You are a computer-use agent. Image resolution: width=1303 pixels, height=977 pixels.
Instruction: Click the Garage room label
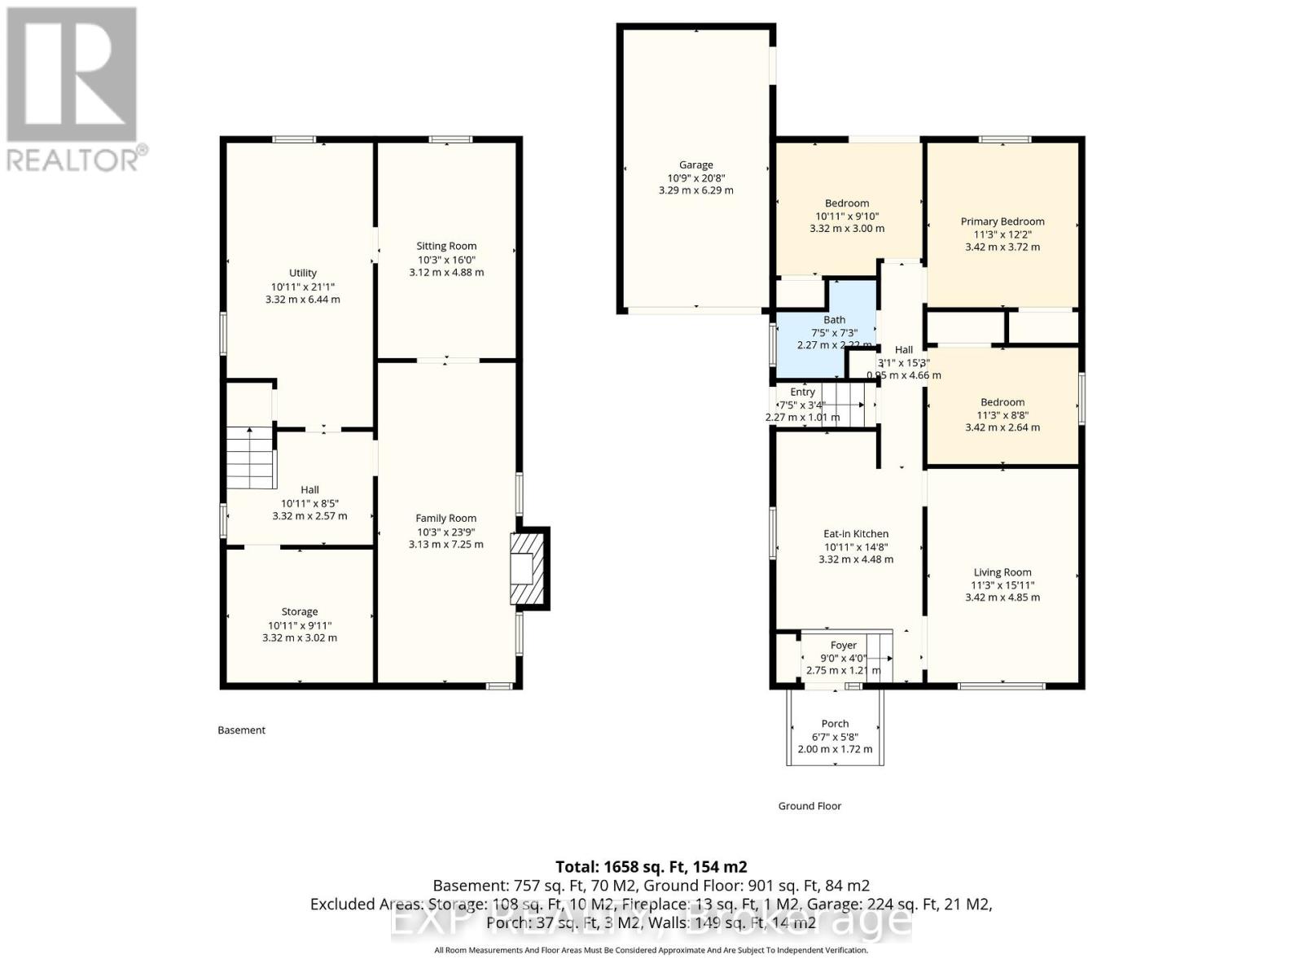click(x=695, y=164)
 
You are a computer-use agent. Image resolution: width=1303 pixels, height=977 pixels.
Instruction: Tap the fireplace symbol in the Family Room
click(x=528, y=568)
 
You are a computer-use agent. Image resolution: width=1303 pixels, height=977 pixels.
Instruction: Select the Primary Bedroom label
click(x=1002, y=221)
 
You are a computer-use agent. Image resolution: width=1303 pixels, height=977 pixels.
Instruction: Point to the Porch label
click(x=835, y=724)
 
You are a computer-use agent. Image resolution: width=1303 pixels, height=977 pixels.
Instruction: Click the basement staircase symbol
click(x=249, y=457)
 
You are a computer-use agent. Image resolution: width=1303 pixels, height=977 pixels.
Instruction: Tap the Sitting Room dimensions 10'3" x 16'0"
click(x=446, y=260)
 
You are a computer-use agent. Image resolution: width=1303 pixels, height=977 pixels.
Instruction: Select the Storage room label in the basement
click(x=299, y=611)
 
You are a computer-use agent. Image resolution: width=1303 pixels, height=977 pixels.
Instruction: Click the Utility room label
click(x=302, y=273)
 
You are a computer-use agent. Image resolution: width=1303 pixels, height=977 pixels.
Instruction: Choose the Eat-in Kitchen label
click(x=855, y=534)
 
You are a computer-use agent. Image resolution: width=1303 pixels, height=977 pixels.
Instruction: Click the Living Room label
click(x=1002, y=572)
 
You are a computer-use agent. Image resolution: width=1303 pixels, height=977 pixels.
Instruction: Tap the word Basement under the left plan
click(x=241, y=730)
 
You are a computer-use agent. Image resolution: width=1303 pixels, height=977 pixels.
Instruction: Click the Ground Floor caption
click(x=809, y=806)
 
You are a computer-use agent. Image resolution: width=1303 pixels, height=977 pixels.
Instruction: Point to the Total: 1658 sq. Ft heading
click(x=651, y=867)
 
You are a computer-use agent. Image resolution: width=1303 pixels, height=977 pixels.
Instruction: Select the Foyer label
click(x=843, y=646)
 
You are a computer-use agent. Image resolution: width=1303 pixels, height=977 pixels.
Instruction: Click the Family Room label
click(x=445, y=519)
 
